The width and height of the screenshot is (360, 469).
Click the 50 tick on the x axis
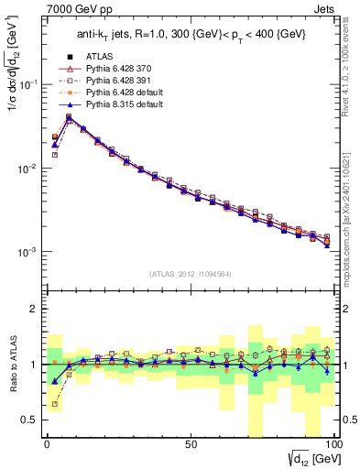tap(190, 443)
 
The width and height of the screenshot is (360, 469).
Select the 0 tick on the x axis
tap(47, 443)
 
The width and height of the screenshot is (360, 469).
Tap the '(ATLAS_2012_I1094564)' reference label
tap(190, 274)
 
